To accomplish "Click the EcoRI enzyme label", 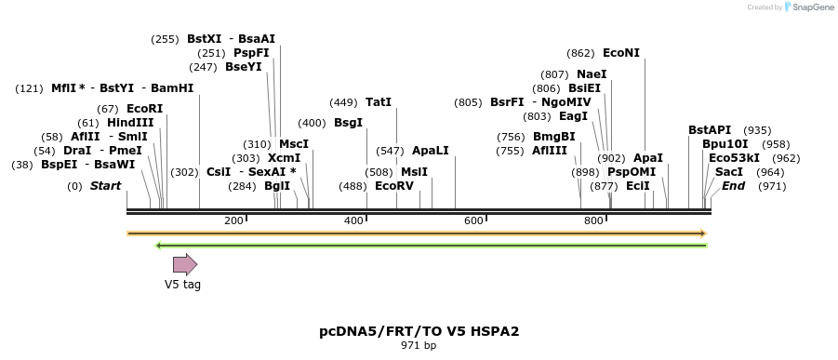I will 144,109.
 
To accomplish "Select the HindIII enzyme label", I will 130,123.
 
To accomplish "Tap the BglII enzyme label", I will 277,186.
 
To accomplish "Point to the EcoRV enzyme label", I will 394,186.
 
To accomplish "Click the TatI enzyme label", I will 379,102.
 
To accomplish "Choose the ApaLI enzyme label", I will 431,151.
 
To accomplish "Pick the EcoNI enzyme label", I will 621,54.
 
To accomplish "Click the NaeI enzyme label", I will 592,74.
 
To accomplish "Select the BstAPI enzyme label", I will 710,130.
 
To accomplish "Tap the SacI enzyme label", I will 729,172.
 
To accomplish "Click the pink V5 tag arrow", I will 185,265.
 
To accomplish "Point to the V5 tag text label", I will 182,285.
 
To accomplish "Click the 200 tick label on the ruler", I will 233,220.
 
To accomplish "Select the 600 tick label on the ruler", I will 473,220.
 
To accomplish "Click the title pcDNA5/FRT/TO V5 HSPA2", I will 419,331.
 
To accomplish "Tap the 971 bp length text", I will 419,346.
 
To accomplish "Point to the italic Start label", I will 105,186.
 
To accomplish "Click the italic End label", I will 733,186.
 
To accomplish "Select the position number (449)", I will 344,102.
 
